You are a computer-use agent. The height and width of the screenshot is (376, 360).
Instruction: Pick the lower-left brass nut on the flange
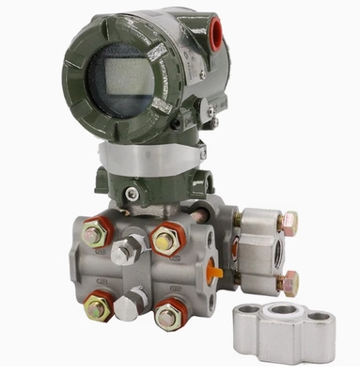[99, 305]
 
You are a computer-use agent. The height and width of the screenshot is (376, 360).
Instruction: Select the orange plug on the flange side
[215, 273]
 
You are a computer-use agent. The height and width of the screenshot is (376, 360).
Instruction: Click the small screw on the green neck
[133, 195]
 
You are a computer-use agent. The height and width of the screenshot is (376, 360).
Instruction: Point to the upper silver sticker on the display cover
[157, 51]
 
